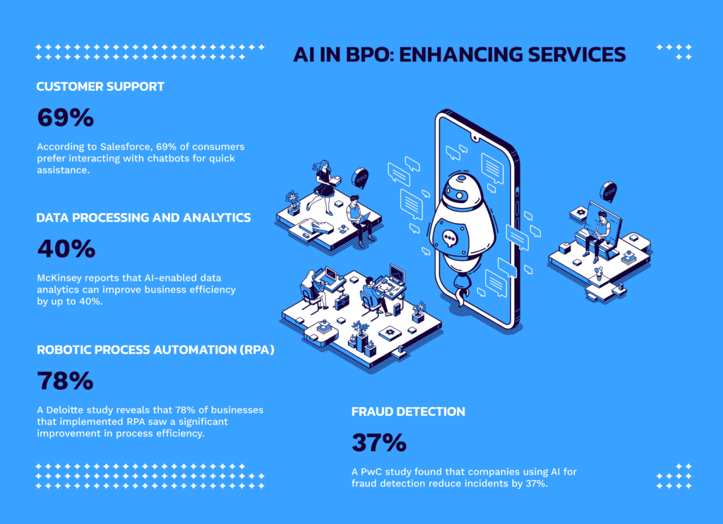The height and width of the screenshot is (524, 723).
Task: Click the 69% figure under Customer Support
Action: pos(65,118)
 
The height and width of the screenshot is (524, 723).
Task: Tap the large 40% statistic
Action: pos(66,249)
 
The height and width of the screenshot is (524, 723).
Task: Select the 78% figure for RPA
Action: pos(65,381)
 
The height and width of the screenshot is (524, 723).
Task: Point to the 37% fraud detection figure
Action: pos(378,443)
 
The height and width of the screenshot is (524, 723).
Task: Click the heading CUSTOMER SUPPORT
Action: pos(100,87)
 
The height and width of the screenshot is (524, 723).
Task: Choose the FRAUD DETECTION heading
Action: pos(408,411)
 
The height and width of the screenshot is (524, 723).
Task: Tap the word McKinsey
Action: pos(61,279)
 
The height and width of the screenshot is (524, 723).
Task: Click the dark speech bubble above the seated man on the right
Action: pos(608,191)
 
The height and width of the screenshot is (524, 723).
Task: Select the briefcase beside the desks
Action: pos(342,302)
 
